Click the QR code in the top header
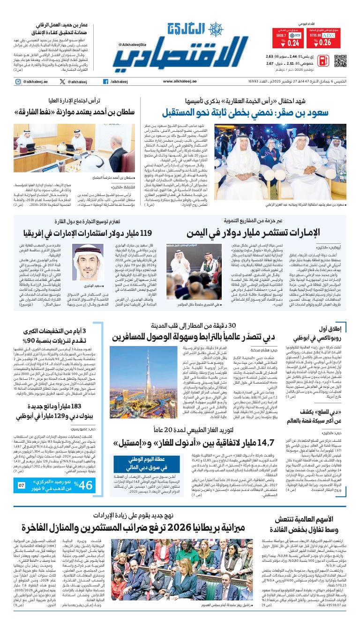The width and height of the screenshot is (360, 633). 340,61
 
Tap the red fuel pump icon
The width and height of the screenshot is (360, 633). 323,61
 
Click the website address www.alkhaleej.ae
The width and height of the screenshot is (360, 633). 180,82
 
